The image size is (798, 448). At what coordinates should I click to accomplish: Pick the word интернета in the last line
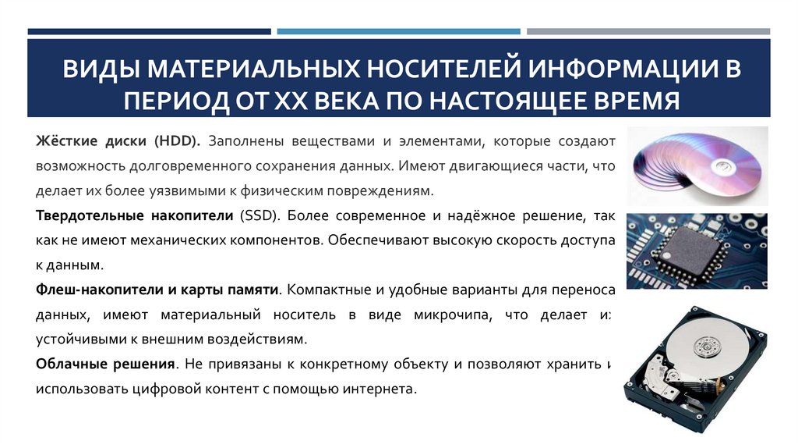(x=374, y=389)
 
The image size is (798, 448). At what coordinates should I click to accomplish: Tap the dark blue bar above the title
(x=149, y=32)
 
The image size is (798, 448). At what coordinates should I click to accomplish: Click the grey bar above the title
(x=648, y=32)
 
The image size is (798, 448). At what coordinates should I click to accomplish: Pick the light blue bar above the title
(x=398, y=32)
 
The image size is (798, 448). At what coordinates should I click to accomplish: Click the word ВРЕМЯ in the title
(x=630, y=101)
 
